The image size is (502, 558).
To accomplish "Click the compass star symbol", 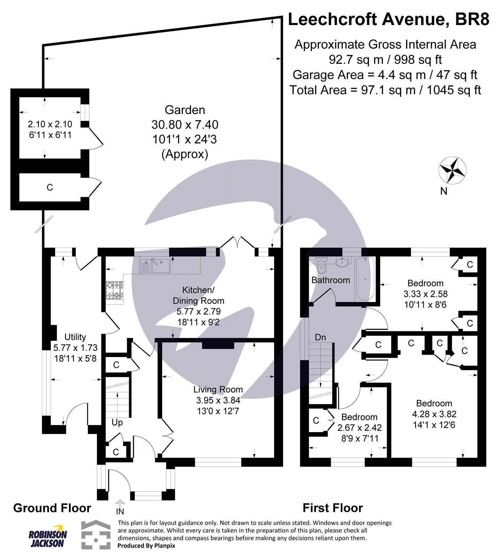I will (x=452, y=170).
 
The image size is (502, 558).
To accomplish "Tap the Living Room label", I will (x=218, y=390).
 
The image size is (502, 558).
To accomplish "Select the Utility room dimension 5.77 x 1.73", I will (x=75, y=348).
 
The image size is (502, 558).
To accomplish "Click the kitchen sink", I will (x=155, y=266).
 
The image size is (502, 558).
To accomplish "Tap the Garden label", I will (x=185, y=110).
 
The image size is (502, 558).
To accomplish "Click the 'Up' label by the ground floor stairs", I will (x=117, y=422).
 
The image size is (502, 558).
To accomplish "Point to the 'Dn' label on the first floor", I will (x=320, y=337).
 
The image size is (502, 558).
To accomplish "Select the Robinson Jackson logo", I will (x=48, y=539).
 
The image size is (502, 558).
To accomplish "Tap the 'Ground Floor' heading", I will (x=52, y=508).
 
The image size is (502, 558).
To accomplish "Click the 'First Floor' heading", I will (x=333, y=508).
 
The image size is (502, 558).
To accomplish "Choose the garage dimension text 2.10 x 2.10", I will (x=50, y=124).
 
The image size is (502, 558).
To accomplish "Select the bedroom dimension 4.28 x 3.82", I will (x=434, y=414).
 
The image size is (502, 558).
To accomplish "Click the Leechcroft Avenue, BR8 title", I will (x=389, y=20).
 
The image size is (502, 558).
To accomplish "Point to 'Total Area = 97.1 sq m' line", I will (x=385, y=90).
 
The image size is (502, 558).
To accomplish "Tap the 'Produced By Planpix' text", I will (x=146, y=546).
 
